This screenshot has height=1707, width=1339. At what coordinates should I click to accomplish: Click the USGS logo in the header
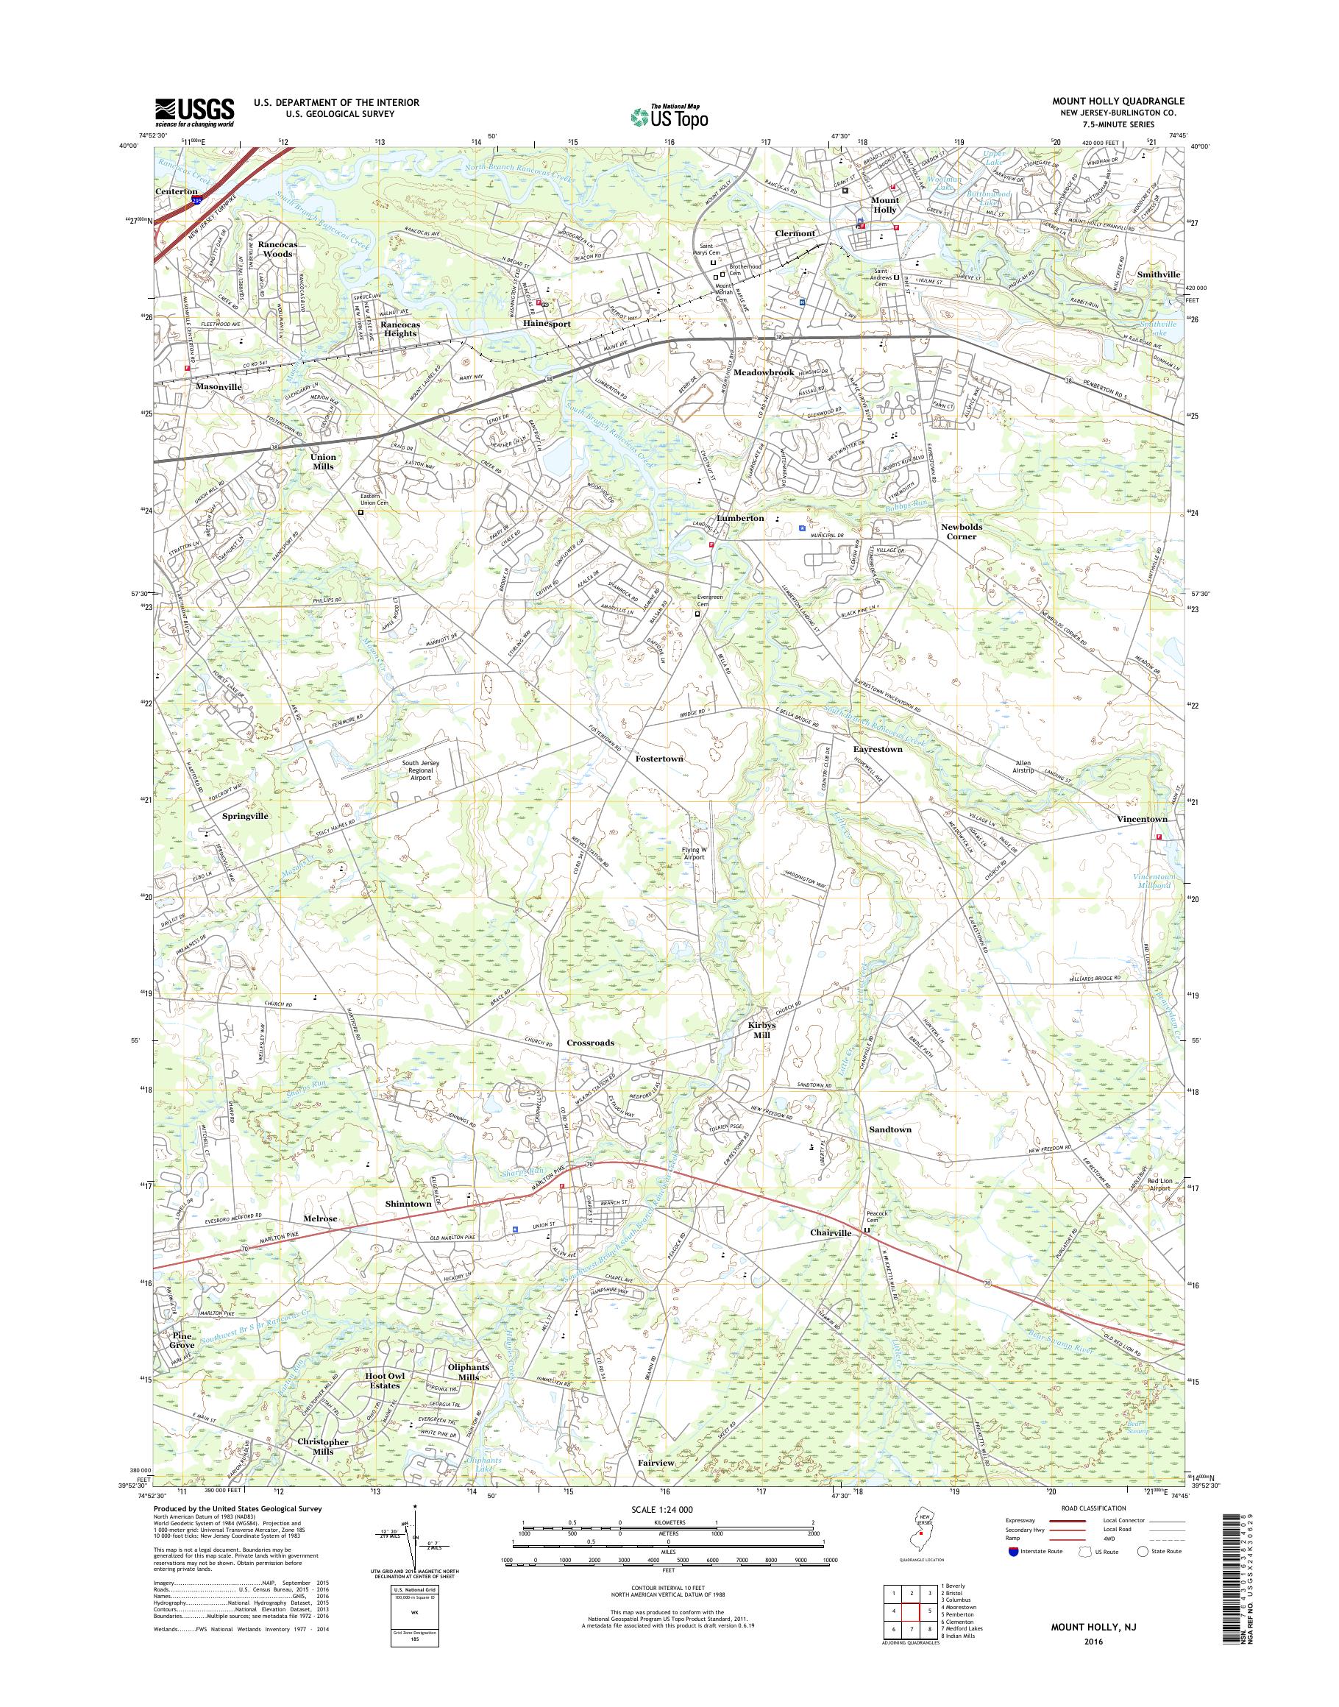(194, 112)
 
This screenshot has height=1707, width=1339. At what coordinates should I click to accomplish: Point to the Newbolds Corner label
(961, 532)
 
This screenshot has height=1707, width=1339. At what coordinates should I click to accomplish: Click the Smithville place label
(1159, 274)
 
